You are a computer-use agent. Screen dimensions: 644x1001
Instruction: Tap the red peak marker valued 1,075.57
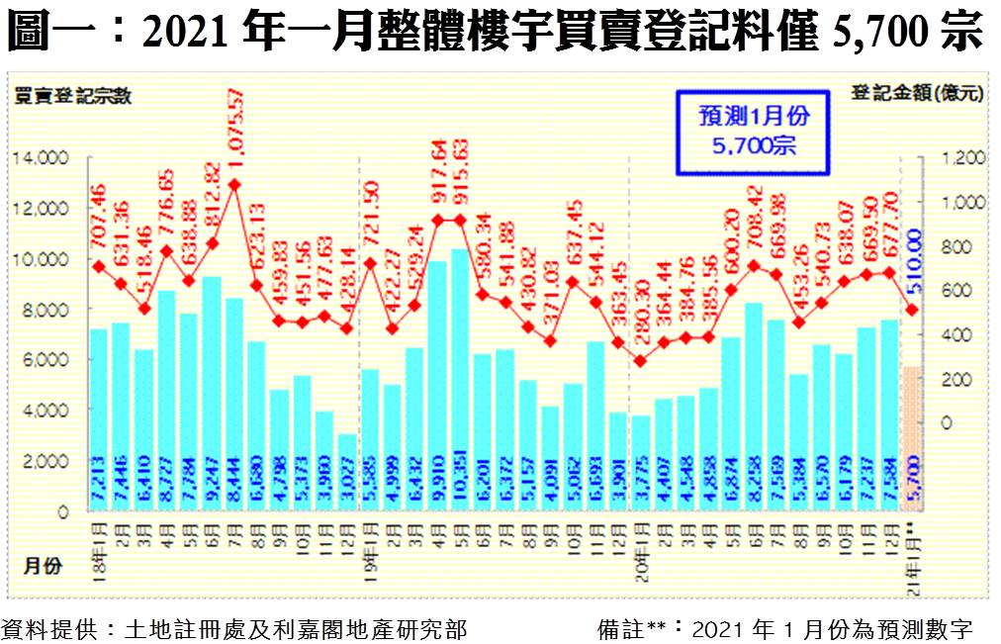[233, 184]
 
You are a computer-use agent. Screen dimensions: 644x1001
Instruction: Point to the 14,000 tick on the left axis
[40, 157]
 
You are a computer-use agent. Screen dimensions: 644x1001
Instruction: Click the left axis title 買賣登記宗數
[71, 95]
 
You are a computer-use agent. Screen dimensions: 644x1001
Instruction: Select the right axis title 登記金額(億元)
[918, 94]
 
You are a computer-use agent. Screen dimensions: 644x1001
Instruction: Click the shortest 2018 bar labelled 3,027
[346, 473]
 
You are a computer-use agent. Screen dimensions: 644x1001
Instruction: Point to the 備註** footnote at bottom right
[785, 629]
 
